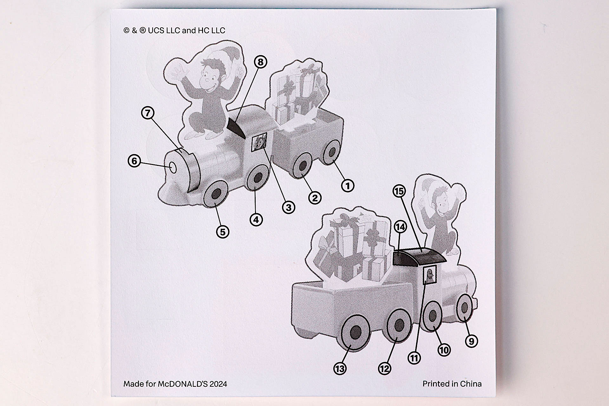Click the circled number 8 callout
(x=260, y=62)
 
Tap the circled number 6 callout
(x=134, y=161)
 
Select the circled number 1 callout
(x=347, y=186)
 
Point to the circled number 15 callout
(x=400, y=191)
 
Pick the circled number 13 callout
(x=340, y=369)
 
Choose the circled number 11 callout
(x=414, y=358)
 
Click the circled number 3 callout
(x=289, y=207)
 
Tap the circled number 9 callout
(x=471, y=341)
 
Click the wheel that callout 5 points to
(x=216, y=194)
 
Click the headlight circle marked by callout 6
(x=173, y=167)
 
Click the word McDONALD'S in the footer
(x=184, y=384)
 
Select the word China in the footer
(x=471, y=384)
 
